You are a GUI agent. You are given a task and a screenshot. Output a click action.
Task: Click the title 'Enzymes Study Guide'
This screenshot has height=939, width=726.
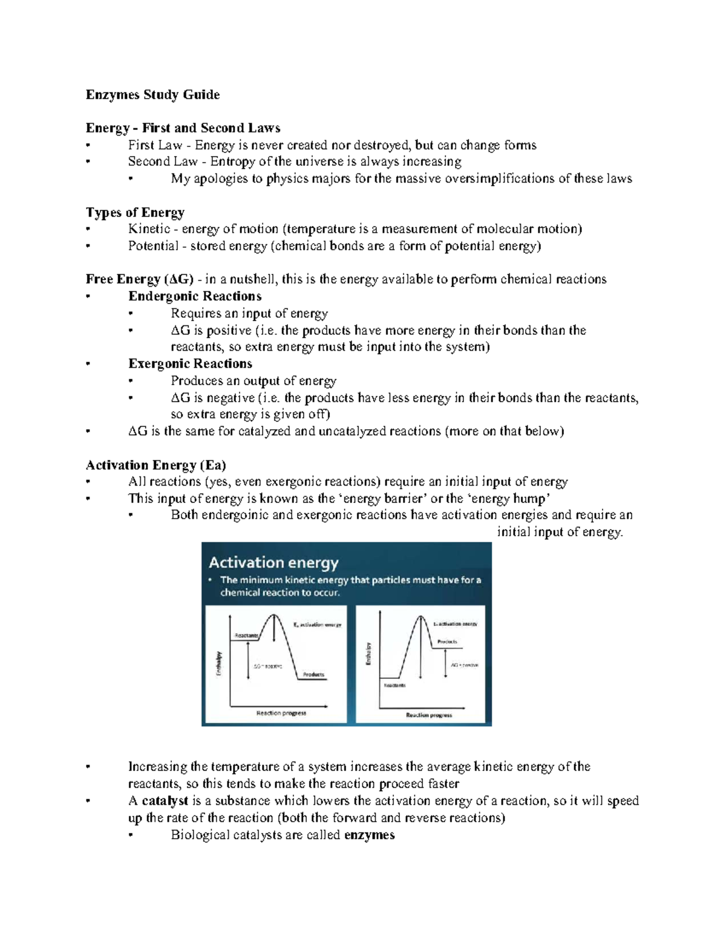[152, 94]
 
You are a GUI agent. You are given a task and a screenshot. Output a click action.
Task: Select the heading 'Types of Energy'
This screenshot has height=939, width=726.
[135, 212]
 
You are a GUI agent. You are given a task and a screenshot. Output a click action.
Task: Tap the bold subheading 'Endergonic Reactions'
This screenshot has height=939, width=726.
[195, 296]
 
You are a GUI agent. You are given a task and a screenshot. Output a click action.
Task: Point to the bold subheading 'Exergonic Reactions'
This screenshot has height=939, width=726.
[190, 363]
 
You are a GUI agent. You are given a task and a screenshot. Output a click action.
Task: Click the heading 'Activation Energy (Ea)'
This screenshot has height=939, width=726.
[155, 465]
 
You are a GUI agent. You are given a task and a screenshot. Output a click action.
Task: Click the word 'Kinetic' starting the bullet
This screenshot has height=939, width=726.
[149, 229]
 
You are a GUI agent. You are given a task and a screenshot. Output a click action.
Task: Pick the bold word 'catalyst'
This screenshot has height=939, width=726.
[165, 801]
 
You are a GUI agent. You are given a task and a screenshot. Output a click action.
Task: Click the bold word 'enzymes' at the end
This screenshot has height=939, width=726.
[369, 835]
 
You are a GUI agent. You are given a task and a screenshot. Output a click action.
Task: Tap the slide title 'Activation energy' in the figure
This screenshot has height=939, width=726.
[273, 562]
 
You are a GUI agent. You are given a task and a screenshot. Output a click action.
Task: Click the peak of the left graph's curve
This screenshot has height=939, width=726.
[275, 616]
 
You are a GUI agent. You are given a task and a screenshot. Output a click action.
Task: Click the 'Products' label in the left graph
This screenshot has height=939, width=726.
[313, 674]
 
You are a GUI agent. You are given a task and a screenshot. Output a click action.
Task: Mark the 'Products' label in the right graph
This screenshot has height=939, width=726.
[447, 642]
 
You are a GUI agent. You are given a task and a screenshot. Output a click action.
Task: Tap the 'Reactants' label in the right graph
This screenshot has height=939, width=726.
[394, 685]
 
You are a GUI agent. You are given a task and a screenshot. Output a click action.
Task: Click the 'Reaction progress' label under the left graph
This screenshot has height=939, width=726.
[281, 713]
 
